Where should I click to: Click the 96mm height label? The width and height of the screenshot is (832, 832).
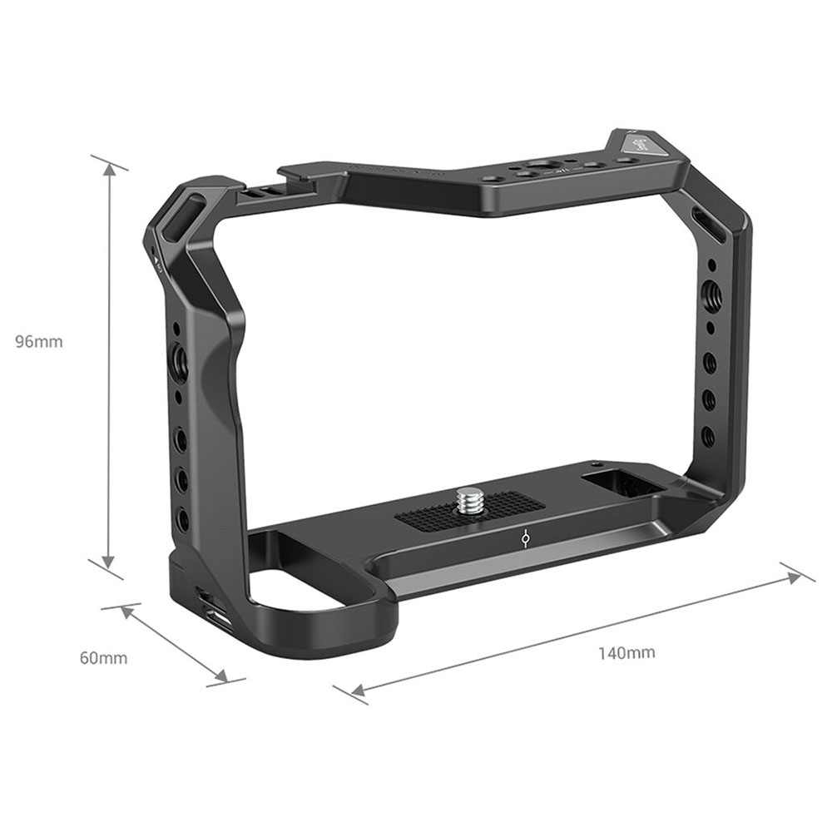point(39,341)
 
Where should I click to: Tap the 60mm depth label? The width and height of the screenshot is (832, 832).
point(103,658)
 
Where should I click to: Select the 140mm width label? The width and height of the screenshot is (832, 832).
point(626,652)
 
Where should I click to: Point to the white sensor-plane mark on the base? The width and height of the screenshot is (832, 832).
point(523,541)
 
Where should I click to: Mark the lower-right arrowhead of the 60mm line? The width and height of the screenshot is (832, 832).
point(220,676)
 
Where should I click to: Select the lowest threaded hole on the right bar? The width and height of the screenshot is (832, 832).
point(708,434)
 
